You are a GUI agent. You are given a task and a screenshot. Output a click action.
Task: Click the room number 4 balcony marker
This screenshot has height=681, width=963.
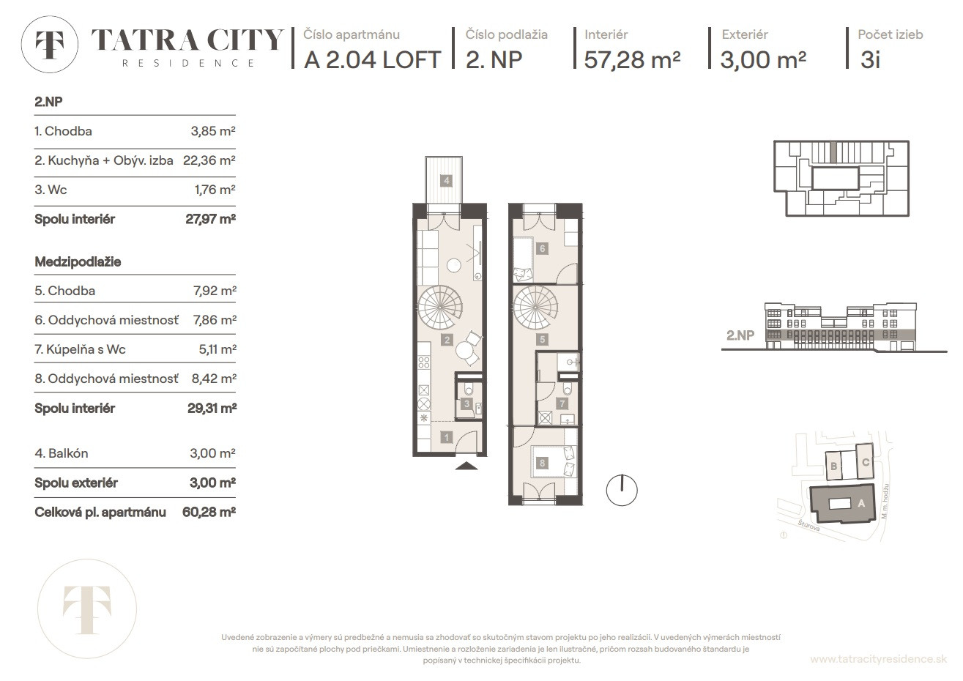click(446, 181)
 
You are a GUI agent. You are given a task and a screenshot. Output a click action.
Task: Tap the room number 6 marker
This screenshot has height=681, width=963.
click(542, 248)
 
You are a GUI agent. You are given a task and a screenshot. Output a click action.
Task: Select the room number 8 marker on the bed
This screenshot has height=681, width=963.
click(542, 463)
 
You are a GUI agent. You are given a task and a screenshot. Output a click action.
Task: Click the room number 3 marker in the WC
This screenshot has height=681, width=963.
click(467, 403)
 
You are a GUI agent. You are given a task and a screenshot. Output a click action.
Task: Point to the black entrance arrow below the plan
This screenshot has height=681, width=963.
click(466, 466)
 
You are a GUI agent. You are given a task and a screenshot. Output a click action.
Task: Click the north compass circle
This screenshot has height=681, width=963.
click(622, 490)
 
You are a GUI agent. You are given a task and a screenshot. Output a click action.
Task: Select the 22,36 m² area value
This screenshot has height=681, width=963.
click(209, 160)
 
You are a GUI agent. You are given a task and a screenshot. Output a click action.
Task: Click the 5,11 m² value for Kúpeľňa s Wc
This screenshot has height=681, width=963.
click(217, 349)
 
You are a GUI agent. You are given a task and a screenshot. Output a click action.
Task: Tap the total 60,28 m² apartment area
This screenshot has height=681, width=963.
click(209, 512)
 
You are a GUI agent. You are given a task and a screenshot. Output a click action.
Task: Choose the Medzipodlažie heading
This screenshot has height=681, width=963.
click(78, 261)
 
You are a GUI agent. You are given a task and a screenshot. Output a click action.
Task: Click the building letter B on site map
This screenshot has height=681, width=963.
click(833, 466)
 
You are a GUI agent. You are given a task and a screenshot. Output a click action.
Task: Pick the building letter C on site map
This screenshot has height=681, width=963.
click(866, 462)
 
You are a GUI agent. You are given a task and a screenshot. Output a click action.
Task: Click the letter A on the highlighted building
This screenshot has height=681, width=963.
click(861, 503)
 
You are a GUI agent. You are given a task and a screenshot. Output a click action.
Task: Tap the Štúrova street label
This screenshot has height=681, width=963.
click(808, 525)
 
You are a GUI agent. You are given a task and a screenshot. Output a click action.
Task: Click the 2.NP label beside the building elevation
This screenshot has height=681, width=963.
click(740, 335)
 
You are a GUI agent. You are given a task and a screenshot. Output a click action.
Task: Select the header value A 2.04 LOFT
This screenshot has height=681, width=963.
click(372, 59)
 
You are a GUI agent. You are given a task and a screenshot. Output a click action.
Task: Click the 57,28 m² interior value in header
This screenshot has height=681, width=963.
click(632, 59)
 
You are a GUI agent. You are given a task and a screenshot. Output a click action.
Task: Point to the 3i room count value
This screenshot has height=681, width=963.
click(871, 59)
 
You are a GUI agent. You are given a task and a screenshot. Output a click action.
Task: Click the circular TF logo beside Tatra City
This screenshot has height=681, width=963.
click(50, 44)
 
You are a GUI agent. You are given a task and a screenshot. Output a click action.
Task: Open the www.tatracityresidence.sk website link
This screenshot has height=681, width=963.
click(878, 659)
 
